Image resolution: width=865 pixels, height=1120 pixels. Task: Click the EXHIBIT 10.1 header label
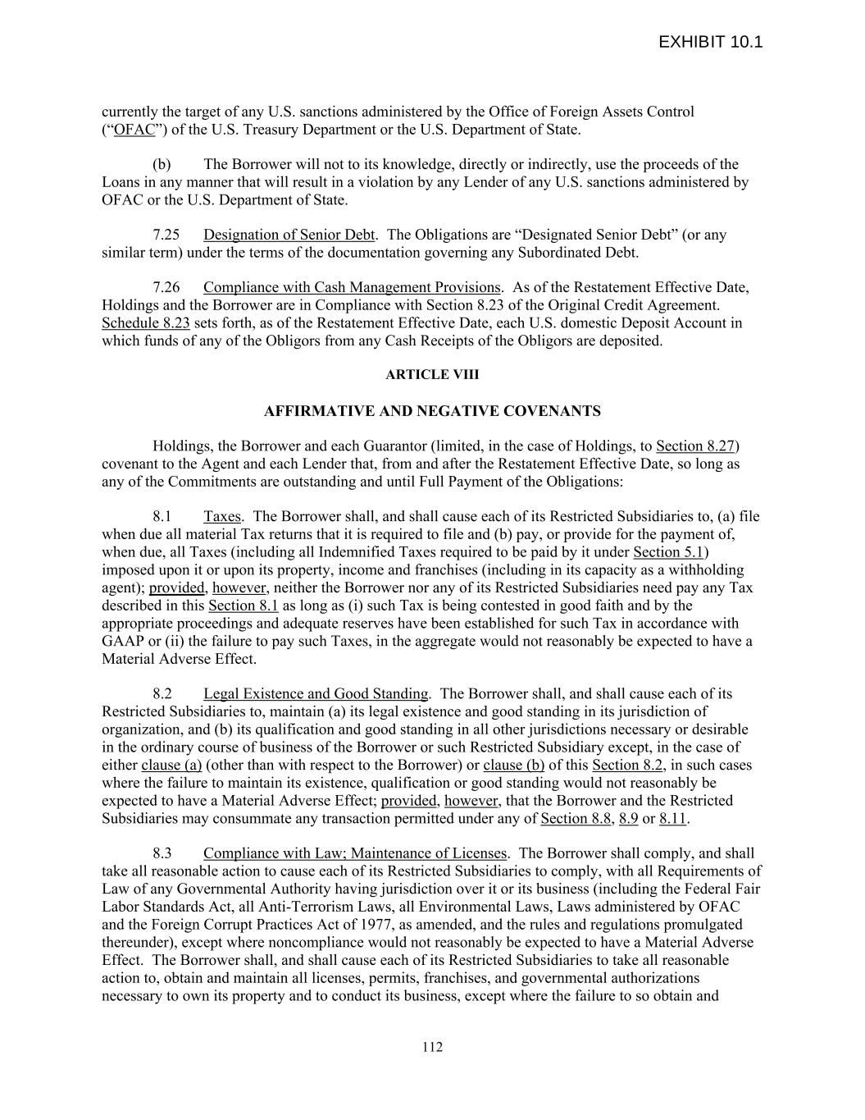click(x=710, y=42)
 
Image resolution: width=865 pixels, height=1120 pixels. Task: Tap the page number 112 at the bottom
click(x=432, y=1046)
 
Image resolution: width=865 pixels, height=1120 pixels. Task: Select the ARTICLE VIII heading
click(x=432, y=374)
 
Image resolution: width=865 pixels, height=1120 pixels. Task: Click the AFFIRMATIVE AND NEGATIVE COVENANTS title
click(x=432, y=411)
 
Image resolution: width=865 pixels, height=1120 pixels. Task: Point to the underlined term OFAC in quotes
click(x=134, y=130)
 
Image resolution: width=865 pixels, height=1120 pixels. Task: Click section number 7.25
click(x=166, y=235)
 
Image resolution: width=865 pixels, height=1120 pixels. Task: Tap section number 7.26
click(x=166, y=287)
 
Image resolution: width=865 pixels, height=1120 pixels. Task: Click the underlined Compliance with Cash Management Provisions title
click(x=352, y=287)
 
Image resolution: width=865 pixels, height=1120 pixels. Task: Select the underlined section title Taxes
click(x=222, y=517)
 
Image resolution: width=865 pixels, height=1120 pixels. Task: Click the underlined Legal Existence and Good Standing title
click(x=316, y=694)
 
